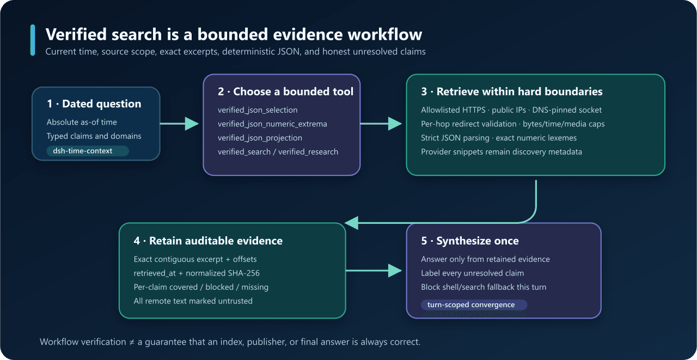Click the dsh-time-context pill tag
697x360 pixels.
point(88,151)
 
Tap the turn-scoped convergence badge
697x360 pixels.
point(474,304)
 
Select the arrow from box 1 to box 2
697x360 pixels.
point(179,124)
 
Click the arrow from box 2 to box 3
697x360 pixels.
point(381,124)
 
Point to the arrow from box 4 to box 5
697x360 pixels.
point(374,270)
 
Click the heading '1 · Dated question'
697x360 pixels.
point(94,103)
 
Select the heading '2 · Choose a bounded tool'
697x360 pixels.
point(286,91)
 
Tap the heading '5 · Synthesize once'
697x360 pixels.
point(470,241)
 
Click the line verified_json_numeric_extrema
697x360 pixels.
point(272,124)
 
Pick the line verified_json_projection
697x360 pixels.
point(260,138)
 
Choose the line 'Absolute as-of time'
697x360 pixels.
point(82,122)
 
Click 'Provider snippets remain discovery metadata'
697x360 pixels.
point(502,152)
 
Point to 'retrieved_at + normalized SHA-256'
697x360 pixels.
point(197,273)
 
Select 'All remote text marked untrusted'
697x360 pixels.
point(193,301)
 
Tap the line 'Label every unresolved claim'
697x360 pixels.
point(472,273)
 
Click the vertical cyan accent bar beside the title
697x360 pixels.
point(33,40)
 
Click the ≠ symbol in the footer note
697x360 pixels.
point(132,342)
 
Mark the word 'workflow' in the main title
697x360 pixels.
point(385,34)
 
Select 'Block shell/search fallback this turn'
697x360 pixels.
point(484,287)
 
